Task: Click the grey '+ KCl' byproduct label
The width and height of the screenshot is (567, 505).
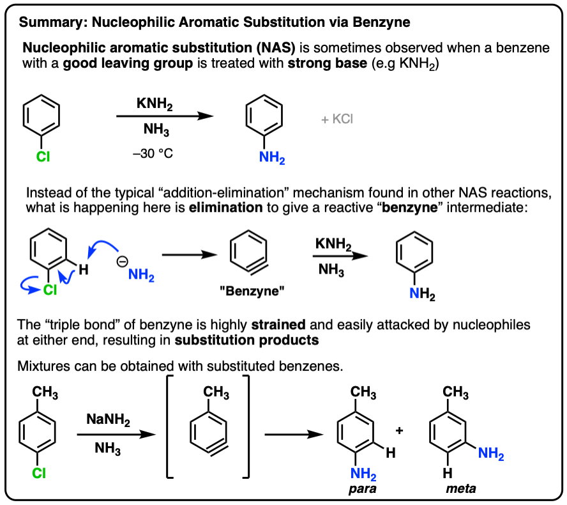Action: [x=336, y=120]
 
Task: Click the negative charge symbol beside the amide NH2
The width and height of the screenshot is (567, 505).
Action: [x=119, y=260]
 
